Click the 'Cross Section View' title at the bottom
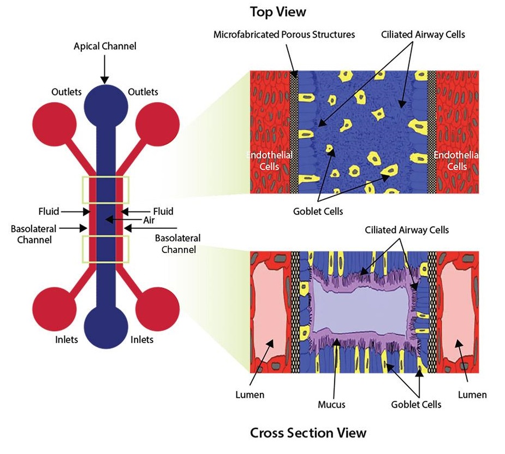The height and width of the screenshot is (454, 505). point(308,433)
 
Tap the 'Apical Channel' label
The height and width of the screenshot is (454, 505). point(105,47)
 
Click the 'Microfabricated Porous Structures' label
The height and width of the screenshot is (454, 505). point(284,34)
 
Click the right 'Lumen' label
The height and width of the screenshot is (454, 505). point(473,395)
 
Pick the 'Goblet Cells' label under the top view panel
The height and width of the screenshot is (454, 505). point(321,211)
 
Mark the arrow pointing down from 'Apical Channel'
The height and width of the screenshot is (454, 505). point(105,68)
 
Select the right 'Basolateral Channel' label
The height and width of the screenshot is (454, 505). point(177,244)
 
